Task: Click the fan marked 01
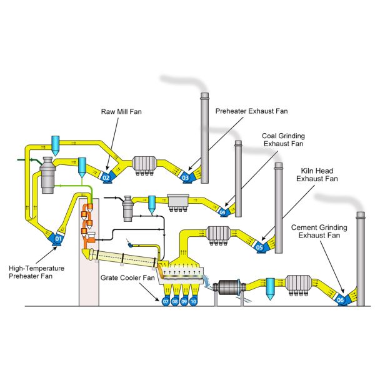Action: pyautogui.click(x=58, y=237)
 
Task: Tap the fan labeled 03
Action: pyautogui.click(x=185, y=177)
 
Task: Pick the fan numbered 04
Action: pyautogui.click(x=222, y=212)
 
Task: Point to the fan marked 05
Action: pyautogui.click(x=260, y=247)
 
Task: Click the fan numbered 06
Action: pyautogui.click(x=341, y=301)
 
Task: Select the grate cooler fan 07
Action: pyautogui.click(x=166, y=301)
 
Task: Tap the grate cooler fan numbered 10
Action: pyautogui.click(x=194, y=301)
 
